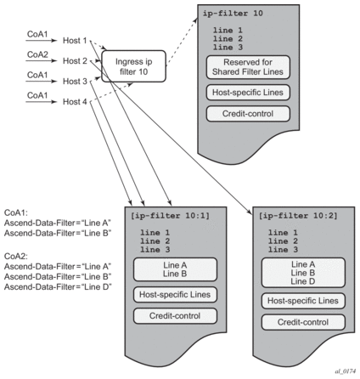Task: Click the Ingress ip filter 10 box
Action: click(x=133, y=66)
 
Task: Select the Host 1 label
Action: click(x=75, y=41)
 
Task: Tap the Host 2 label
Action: click(x=75, y=61)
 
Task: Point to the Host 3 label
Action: click(x=75, y=82)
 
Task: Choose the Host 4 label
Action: click(x=75, y=102)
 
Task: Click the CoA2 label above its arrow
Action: click(x=37, y=54)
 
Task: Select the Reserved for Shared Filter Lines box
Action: click(x=248, y=67)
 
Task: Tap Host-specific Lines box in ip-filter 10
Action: click(x=248, y=93)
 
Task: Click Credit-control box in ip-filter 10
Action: click(x=248, y=114)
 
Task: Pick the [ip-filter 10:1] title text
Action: click(x=170, y=216)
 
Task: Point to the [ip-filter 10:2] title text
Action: click(x=298, y=216)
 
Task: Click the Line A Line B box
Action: click(x=175, y=269)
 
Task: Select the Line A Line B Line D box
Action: click(x=303, y=273)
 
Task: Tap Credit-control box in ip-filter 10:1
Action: click(x=175, y=316)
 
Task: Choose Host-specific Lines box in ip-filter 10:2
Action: click(x=303, y=301)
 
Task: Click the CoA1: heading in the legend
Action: click(x=16, y=213)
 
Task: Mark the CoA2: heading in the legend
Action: click(x=16, y=257)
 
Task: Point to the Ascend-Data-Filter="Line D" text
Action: click(x=58, y=287)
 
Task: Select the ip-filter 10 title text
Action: click(x=233, y=14)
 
